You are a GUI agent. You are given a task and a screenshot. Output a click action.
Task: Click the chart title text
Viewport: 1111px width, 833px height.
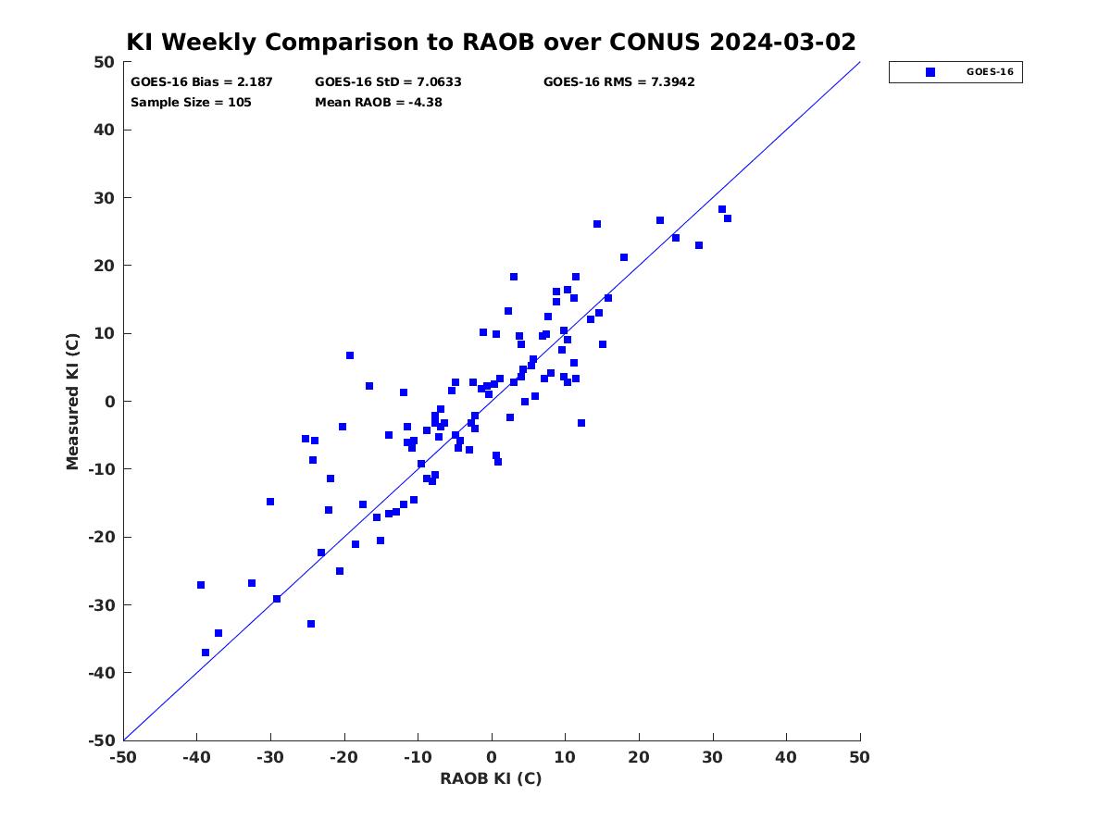[491, 42]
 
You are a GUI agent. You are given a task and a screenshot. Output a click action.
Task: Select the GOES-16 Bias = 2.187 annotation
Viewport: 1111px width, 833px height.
[202, 82]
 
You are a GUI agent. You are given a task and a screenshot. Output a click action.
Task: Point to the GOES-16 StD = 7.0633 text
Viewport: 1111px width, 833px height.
[388, 82]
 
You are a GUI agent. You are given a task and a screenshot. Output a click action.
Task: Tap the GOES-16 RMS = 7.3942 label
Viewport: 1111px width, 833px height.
[618, 82]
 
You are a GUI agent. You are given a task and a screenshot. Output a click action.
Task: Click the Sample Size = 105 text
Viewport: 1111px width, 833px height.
[191, 103]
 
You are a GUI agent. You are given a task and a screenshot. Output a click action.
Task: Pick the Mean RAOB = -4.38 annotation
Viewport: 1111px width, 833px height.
[378, 103]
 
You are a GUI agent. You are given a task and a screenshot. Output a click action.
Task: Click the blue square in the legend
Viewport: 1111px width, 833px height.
[930, 72]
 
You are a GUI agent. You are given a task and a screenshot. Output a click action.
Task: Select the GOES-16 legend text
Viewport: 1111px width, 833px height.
[990, 72]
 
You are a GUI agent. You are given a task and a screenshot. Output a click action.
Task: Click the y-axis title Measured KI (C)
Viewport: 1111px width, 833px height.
[72, 401]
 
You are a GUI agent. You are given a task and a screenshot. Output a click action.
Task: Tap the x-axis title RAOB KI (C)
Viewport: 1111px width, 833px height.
[491, 778]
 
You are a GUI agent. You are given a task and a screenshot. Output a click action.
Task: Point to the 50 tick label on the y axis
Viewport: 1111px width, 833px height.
[105, 62]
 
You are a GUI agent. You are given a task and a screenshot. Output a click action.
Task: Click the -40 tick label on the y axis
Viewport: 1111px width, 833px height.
[102, 673]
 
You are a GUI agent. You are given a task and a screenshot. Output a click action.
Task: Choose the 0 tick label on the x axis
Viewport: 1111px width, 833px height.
[492, 757]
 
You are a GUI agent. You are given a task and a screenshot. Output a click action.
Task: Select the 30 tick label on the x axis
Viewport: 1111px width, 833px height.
[713, 757]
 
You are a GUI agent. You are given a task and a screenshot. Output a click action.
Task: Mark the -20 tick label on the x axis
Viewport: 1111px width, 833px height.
[343, 757]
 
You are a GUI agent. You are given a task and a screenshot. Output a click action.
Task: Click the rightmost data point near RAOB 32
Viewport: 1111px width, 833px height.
[728, 218]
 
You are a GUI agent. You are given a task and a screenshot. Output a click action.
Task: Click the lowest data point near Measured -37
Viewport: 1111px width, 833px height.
[205, 653]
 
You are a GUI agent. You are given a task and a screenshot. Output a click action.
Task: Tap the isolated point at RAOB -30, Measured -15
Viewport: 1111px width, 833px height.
[270, 502]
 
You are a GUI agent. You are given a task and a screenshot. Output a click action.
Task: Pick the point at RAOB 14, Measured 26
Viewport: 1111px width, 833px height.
[597, 224]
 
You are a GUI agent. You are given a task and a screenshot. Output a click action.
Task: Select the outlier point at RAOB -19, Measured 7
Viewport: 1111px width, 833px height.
[350, 355]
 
